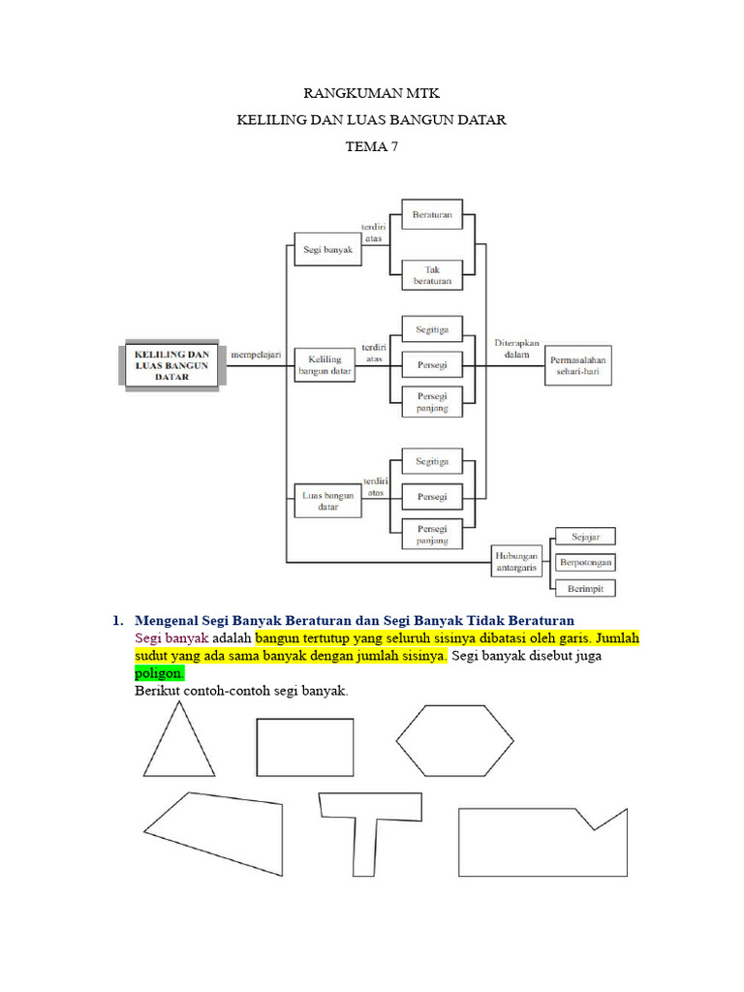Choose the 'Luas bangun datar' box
pyautogui.click(x=326, y=500)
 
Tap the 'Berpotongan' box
pyautogui.click(x=585, y=562)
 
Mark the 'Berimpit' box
pyautogui.click(x=585, y=588)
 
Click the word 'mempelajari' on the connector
pyautogui.click(x=255, y=355)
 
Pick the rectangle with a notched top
pyautogui.click(x=542, y=843)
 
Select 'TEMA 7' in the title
pyautogui.click(x=372, y=147)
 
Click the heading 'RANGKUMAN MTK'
pyautogui.click(x=372, y=95)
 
